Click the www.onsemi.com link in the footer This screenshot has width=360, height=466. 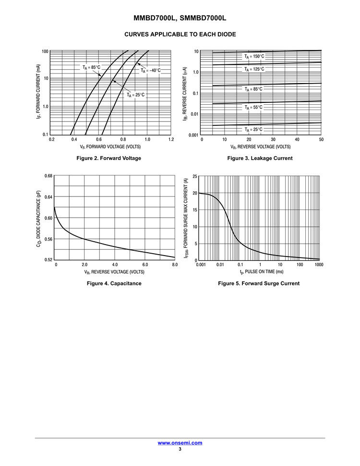(x=180, y=443)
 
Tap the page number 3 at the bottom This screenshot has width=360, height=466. (x=180, y=449)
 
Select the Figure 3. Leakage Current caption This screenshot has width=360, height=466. (x=260, y=159)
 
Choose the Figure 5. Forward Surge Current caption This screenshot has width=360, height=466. (x=259, y=283)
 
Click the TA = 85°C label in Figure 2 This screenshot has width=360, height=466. (x=91, y=67)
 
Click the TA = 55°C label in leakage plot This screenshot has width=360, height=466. (x=253, y=107)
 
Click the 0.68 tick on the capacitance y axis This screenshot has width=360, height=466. (x=48, y=176)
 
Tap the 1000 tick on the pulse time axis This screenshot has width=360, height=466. (x=319, y=265)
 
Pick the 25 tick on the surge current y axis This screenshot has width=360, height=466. (x=195, y=177)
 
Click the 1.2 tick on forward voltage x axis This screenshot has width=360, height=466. (x=171, y=140)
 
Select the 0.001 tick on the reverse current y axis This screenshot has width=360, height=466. (x=193, y=135)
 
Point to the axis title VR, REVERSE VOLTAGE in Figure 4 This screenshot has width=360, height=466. (x=114, y=272)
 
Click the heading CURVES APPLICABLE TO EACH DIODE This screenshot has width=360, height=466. (x=180, y=35)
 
